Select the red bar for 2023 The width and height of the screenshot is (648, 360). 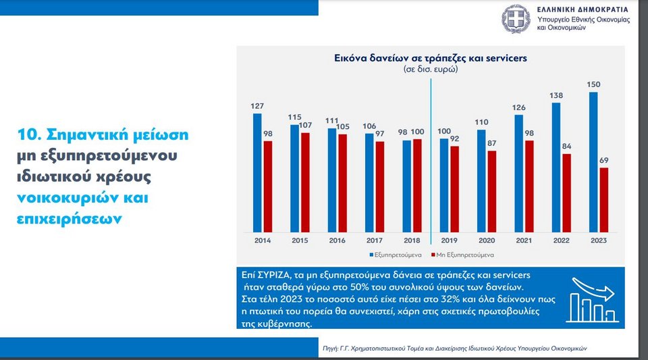click(603, 199)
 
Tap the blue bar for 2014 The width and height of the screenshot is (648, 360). click(257, 172)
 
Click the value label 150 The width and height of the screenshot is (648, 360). click(593, 84)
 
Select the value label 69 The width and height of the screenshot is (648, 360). click(604, 161)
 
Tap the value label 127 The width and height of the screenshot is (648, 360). click(257, 106)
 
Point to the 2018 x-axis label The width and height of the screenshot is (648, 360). click(411, 240)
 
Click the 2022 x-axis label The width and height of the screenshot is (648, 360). click(560, 240)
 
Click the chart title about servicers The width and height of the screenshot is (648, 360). click(431, 58)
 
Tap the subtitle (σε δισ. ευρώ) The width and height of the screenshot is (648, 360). click(430, 70)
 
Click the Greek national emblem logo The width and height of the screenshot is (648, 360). click(516, 19)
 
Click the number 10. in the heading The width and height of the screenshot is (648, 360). click(31, 134)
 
